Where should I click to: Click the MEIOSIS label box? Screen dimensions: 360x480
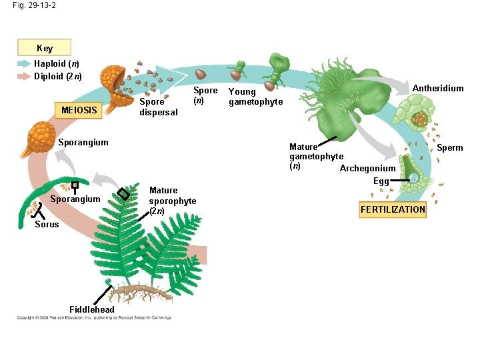[x=79, y=109]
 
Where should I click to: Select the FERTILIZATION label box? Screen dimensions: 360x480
[x=393, y=209]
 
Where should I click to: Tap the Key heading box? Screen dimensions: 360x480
[x=45, y=48]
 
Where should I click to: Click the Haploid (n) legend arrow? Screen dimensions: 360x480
[x=24, y=64]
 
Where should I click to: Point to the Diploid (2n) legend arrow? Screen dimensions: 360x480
[x=24, y=75]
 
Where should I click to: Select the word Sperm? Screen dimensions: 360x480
[x=449, y=147]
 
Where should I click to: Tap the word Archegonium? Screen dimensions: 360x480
[x=367, y=168]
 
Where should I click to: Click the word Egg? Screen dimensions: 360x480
[x=381, y=181]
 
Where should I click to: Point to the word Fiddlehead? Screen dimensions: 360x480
[x=92, y=309]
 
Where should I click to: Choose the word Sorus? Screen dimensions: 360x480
[x=47, y=225]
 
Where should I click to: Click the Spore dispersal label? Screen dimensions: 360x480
[x=158, y=107]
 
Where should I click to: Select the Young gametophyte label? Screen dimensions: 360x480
[x=255, y=97]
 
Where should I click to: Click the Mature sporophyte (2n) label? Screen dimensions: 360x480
[x=172, y=201]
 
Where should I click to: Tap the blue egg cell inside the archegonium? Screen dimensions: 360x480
[x=413, y=178]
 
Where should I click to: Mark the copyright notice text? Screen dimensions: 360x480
[x=94, y=317]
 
